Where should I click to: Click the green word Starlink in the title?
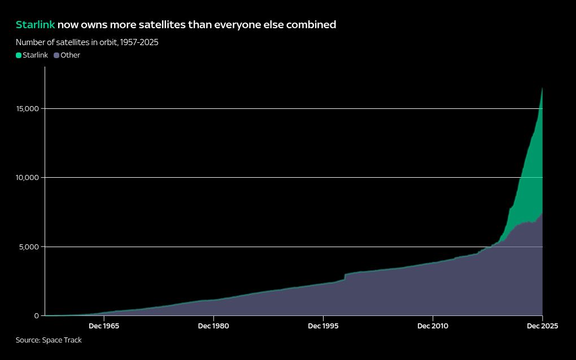pos(35,25)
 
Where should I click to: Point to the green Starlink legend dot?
pos(19,55)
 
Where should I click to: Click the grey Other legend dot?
pos(56,55)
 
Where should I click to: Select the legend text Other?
pos(71,55)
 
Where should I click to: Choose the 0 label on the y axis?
pos(36,315)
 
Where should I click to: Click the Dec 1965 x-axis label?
pos(104,326)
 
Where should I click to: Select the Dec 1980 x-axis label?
pos(213,326)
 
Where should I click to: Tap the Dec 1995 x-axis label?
pos(323,326)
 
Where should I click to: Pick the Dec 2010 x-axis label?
pos(433,326)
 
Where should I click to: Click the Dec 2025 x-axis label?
pos(542,326)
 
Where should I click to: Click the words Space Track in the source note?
pos(62,340)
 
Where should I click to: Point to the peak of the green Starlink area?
pos(542,89)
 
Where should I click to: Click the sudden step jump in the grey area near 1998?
pos(344,276)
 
